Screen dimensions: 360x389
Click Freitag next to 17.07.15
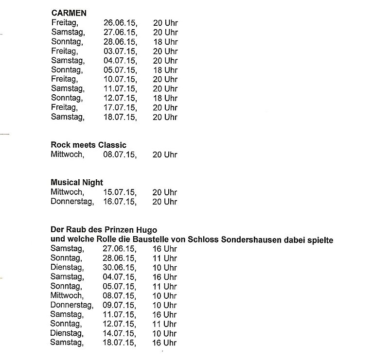point(64,107)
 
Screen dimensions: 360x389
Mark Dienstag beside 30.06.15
point(67,267)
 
